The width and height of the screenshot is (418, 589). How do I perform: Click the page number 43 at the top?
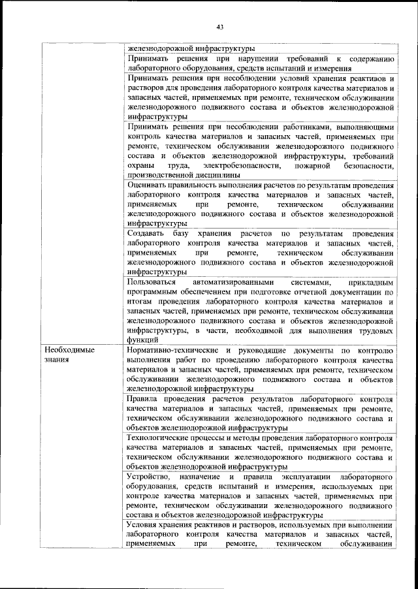pos(219,27)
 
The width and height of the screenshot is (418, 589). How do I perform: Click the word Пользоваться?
pos(153,282)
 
